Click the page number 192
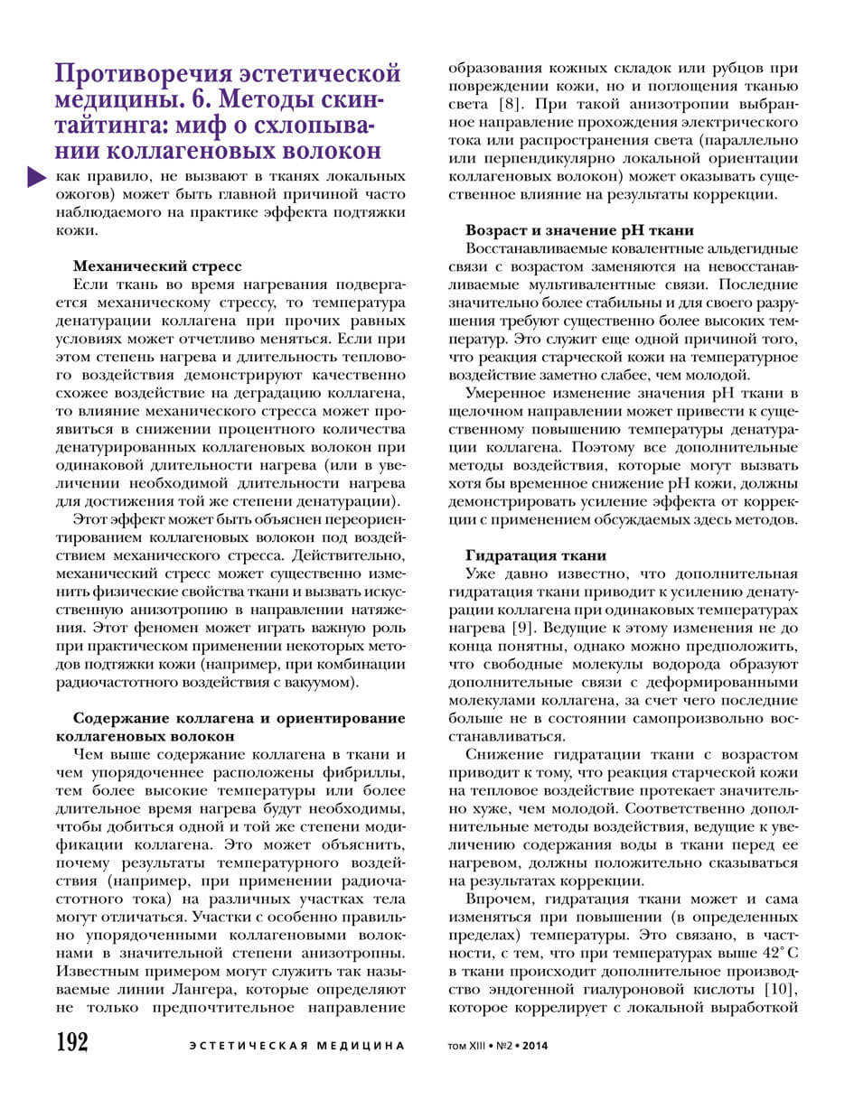[x=72, y=1042]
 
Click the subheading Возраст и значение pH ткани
[x=579, y=229]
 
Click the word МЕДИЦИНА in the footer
[x=358, y=1046]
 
